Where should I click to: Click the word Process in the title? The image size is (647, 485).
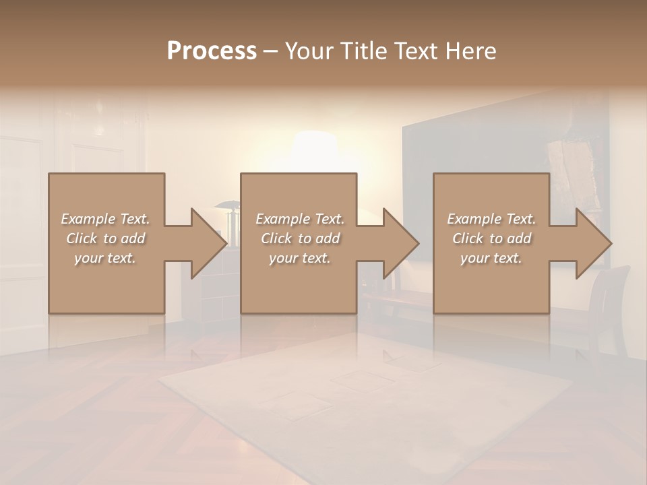tap(212, 51)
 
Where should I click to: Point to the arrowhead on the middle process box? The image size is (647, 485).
tap(400, 243)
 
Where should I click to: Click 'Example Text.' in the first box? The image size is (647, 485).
tap(105, 219)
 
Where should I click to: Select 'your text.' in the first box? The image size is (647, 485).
tap(105, 258)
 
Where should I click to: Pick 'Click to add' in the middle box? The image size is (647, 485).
tap(300, 238)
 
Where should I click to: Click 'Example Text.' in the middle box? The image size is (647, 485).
tap(300, 219)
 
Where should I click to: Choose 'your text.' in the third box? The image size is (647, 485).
tap(491, 258)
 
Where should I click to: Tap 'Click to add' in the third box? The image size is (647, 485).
tap(491, 238)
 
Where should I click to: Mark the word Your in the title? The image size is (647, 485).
tap(307, 51)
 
